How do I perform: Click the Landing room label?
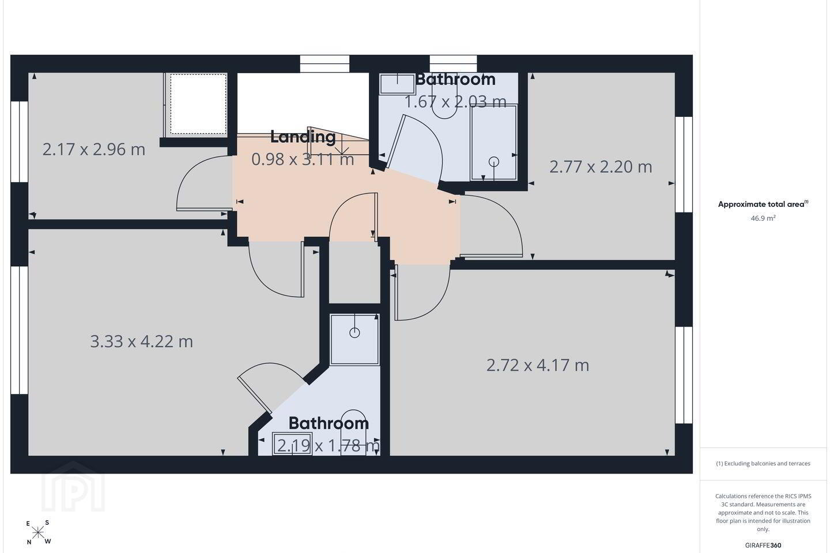(303, 137)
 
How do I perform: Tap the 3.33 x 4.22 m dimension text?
(142, 341)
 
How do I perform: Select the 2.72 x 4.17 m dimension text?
(538, 365)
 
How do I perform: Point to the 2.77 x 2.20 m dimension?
(601, 166)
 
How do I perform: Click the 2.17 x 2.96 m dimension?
(94, 150)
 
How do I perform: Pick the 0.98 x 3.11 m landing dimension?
(303, 159)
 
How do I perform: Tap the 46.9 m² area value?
(763, 218)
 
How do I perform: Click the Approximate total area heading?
(763, 204)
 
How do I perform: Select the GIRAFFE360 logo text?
(763, 545)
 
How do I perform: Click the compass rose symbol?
(38, 533)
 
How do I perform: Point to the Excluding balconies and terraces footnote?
(763, 463)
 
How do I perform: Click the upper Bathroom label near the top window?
(455, 79)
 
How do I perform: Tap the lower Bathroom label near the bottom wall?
(329, 423)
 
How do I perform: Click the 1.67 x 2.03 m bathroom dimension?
(455, 102)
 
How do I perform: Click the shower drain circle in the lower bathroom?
(354, 333)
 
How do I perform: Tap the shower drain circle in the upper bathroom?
(494, 162)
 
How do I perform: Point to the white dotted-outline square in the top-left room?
(198, 104)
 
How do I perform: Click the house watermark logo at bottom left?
(73, 487)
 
